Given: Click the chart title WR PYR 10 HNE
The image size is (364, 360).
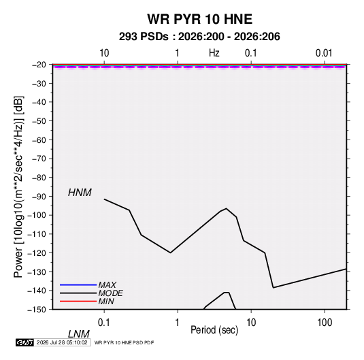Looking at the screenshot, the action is tap(199, 19).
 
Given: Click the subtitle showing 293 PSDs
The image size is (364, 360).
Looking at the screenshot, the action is tap(199, 37).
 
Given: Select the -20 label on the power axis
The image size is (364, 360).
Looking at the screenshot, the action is tap(39, 65).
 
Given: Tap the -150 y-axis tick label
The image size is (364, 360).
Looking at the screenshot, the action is tap(37, 310).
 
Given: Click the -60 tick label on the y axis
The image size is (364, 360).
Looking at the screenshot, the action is tap(39, 140).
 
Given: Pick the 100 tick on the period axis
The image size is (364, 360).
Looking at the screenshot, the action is tap(325, 323).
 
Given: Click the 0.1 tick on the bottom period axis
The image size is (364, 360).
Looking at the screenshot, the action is tap(104, 323).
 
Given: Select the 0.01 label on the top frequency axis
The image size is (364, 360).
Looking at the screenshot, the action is tap(324, 53).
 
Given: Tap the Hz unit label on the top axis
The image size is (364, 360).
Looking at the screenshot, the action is tap(214, 53).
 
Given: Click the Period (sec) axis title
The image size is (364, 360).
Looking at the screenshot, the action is tap(214, 330).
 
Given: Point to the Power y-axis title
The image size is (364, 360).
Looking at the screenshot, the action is tap(18, 187).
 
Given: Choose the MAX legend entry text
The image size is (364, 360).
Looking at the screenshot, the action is tap(107, 284).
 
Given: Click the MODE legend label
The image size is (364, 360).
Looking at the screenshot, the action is tap(110, 293).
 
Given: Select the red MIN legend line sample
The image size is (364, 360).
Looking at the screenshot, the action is tap(78, 301).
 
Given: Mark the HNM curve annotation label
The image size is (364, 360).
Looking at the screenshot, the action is tap(80, 193).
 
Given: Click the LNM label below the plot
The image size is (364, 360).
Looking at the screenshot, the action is tap(78, 334).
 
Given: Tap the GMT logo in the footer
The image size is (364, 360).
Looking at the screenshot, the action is tap(25, 342).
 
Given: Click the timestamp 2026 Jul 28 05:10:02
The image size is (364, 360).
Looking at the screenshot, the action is tap(62, 342).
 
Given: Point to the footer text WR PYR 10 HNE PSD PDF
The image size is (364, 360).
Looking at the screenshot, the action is tap(124, 342).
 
